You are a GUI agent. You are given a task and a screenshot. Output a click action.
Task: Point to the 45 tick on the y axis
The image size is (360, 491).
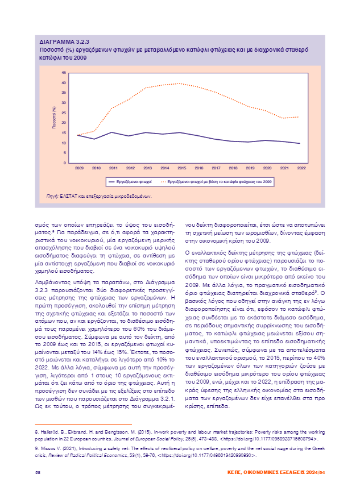[x=64, y=73]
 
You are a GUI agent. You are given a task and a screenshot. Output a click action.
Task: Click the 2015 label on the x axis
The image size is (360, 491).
[x=181, y=168]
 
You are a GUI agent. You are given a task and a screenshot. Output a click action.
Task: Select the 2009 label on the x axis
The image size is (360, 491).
[x=79, y=168]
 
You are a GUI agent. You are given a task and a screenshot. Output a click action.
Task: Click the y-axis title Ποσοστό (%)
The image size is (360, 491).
[x=55, y=117]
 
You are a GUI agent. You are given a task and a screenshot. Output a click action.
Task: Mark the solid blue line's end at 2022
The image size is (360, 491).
[x=300, y=143]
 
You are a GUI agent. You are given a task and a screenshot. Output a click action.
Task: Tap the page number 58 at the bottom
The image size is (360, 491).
[x=38, y=472]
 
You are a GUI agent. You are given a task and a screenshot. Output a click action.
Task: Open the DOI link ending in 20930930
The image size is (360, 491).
[x=222, y=455]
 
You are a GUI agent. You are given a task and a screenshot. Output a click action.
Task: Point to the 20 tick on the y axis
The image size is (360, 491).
[x=64, y=123]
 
